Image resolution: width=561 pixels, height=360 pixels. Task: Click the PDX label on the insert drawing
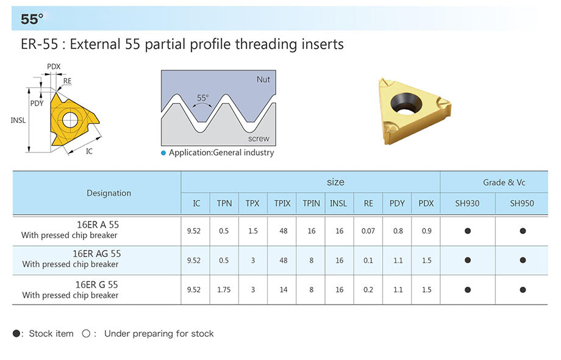[x=54, y=67]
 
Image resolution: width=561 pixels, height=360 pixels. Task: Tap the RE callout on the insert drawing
[x=67, y=81]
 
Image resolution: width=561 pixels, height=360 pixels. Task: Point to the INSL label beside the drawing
[x=18, y=120]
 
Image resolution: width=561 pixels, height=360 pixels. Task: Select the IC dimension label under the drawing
[x=89, y=151]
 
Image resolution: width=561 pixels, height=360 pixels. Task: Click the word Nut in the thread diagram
[x=263, y=79]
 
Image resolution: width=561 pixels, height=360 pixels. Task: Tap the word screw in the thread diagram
[x=259, y=139]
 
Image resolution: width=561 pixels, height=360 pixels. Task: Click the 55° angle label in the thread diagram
[x=202, y=98]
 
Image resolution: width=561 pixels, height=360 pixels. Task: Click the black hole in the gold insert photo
[x=406, y=103]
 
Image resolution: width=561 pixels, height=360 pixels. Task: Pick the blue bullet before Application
[x=163, y=153]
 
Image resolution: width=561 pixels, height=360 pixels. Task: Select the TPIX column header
[x=282, y=203]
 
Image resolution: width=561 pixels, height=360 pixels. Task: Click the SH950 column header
[x=522, y=203]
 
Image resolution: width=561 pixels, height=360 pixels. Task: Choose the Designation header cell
[x=109, y=193]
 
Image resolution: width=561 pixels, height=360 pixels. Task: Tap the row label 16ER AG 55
[x=96, y=254]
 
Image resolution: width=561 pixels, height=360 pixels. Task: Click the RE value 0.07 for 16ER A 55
[x=368, y=231]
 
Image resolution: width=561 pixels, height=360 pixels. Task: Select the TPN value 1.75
[x=224, y=290]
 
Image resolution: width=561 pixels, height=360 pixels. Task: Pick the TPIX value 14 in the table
[x=284, y=290]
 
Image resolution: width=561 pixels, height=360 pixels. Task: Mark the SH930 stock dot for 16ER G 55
[x=468, y=290]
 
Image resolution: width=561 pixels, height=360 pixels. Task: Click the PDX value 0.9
[x=426, y=231]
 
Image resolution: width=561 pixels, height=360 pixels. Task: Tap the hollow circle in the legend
[x=86, y=334]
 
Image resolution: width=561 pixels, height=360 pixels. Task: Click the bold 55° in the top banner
[x=32, y=19]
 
